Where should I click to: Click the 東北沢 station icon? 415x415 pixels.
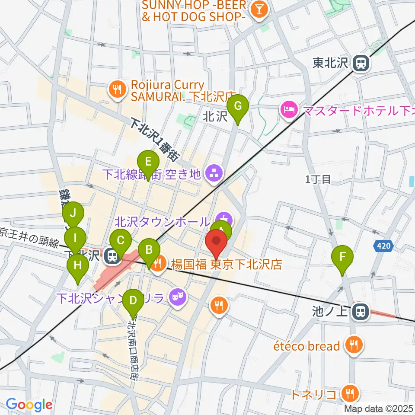tap(359, 64)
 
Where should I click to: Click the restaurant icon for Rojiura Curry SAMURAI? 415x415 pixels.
tap(117, 90)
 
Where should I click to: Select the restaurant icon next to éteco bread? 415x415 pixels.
tap(354, 345)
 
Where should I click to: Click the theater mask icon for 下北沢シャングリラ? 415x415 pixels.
tap(176, 297)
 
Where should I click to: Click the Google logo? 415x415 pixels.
tap(29, 405)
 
